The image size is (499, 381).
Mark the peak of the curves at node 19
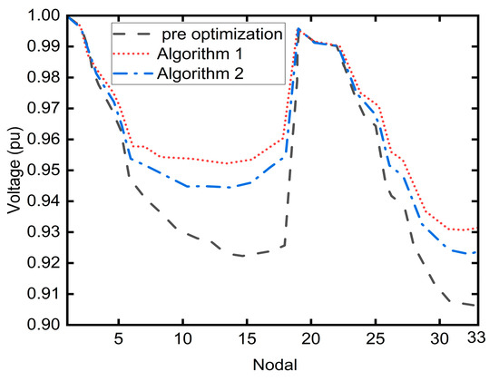click(298, 30)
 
